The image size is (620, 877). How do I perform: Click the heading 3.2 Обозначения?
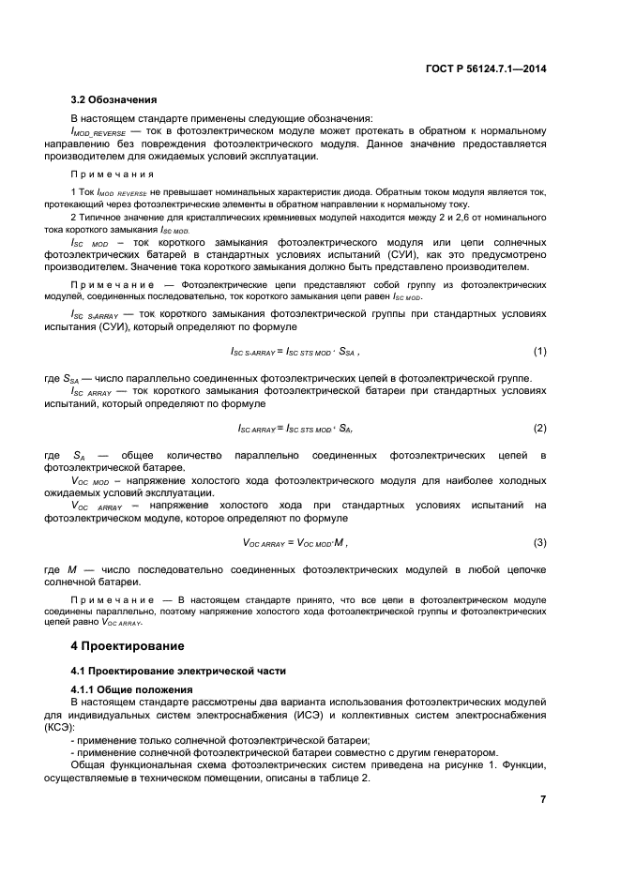[114, 99]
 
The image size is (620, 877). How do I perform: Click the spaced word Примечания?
[113, 174]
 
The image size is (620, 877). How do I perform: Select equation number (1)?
[539, 351]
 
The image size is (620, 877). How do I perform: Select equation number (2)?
[539, 428]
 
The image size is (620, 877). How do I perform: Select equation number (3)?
[539, 542]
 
